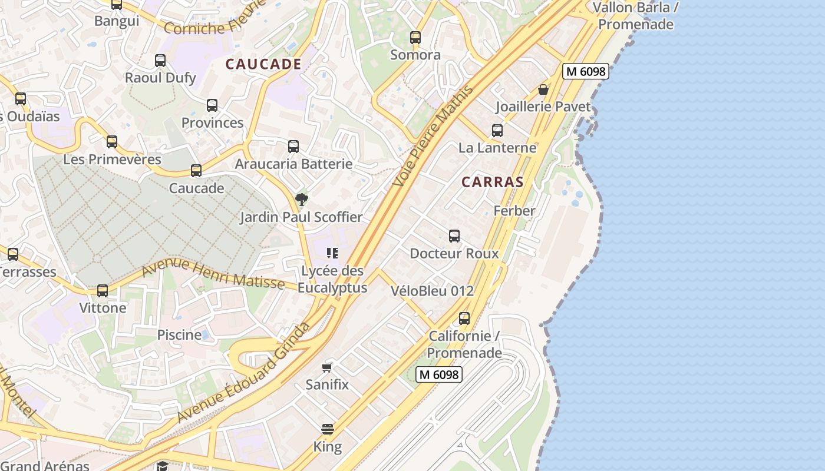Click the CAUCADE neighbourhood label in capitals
tap(263, 64)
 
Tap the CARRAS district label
tap(493, 182)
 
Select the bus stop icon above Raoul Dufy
tap(160, 61)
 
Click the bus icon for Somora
tap(415, 38)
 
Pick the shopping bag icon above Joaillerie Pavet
tap(543, 89)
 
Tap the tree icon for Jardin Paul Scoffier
tap(301, 200)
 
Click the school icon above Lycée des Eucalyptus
tap(332, 253)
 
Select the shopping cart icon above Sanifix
tap(327, 368)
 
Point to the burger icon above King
tap(328, 429)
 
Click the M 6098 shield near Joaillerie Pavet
tap(585, 71)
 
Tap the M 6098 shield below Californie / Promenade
tap(439, 374)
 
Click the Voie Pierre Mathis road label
tap(433, 137)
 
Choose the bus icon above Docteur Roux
tap(454, 236)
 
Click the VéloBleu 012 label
tap(432, 291)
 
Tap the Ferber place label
tap(514, 211)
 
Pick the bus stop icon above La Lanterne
tap(497, 131)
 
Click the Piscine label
tap(179, 335)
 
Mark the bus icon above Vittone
tap(103, 291)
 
